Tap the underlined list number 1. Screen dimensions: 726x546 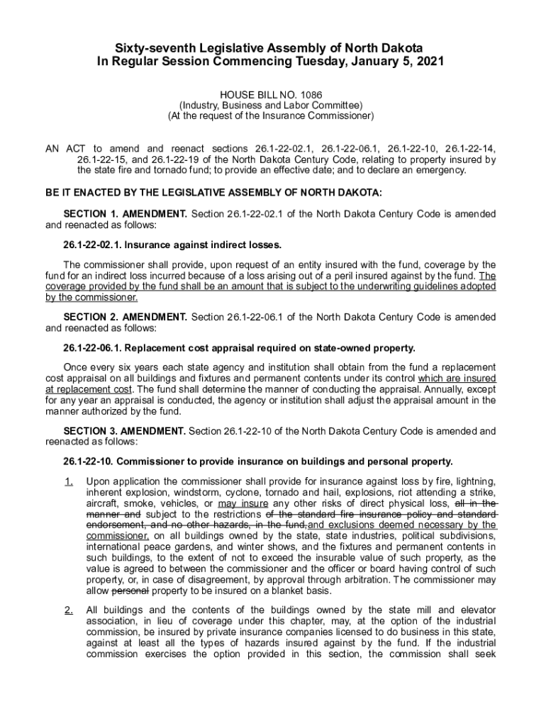(68, 481)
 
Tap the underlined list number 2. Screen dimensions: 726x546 (68, 610)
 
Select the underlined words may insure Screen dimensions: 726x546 (243, 503)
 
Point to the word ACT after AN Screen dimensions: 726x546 (76, 149)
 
